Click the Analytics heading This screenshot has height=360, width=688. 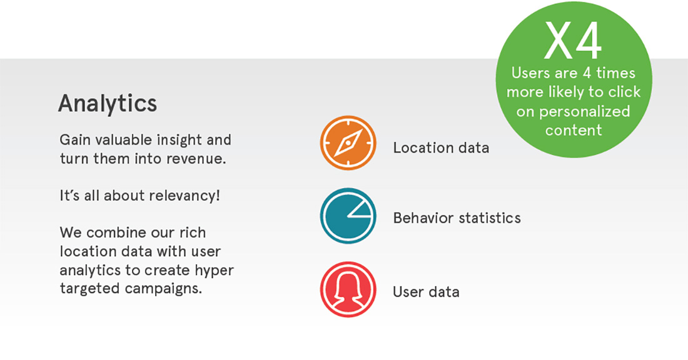click(108, 104)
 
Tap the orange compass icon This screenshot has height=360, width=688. click(348, 143)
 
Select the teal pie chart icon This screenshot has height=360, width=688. click(348, 216)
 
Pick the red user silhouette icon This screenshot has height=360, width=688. click(348, 289)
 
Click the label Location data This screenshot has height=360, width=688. click(441, 147)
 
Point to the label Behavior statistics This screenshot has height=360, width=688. click(457, 218)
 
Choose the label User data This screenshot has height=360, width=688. click(426, 292)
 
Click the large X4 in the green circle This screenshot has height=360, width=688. click(573, 41)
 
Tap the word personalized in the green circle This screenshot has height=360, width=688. click(584, 112)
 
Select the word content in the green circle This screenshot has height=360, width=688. click(574, 130)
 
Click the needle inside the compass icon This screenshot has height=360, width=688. click(348, 143)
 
